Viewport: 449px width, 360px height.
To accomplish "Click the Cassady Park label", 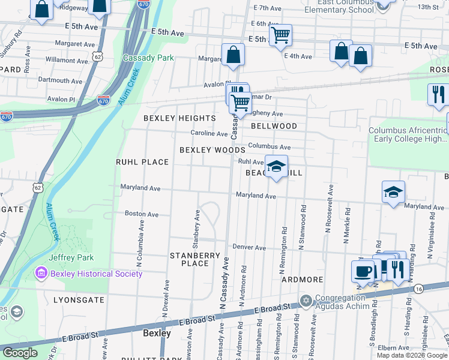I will (x=148, y=58).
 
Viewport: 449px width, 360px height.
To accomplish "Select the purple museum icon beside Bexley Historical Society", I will (x=41, y=274).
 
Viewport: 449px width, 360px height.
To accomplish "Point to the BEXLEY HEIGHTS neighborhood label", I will (x=179, y=118).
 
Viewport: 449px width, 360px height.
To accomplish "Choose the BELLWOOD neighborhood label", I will (x=274, y=126).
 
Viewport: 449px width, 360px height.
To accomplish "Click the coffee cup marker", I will (x=363, y=271).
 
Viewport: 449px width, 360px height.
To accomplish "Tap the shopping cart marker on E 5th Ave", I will (x=280, y=35).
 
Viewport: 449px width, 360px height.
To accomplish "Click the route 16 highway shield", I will (x=418, y=289).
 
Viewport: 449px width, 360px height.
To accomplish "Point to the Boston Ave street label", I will (x=141, y=214).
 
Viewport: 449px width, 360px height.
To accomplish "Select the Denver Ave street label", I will (x=249, y=247).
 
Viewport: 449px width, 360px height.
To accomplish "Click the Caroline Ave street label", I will (x=209, y=133).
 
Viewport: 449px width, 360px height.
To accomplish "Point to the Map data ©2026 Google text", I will (x=411, y=355).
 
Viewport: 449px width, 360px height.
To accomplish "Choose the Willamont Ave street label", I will (x=74, y=61).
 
